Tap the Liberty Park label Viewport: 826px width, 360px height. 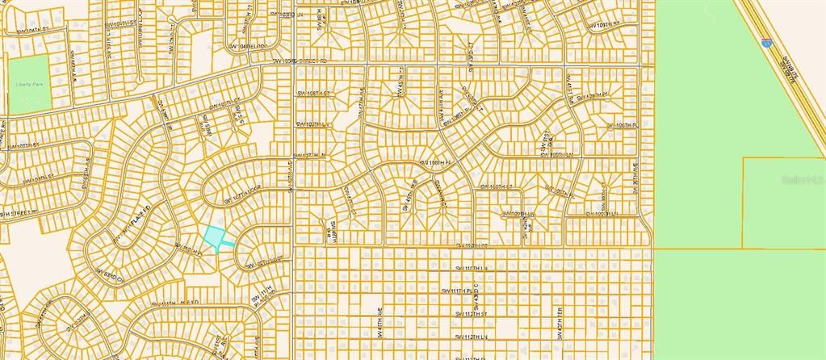[27, 83]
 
